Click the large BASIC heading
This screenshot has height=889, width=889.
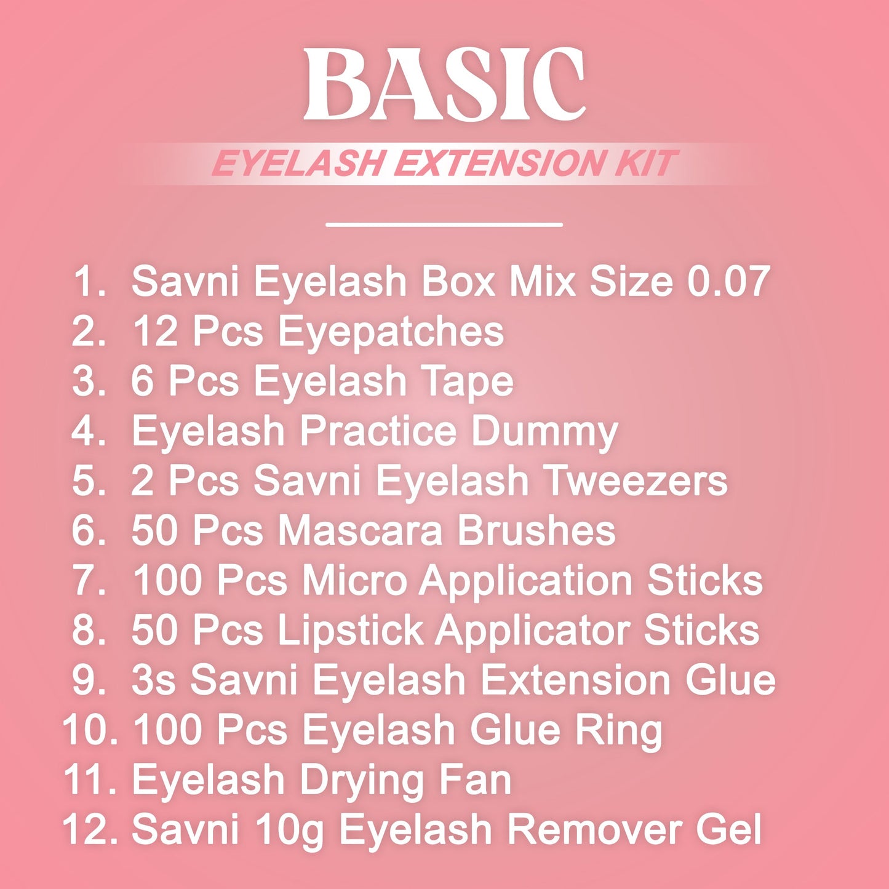(x=444, y=84)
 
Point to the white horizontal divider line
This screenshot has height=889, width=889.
(x=444, y=225)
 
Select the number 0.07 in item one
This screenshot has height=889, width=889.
(x=728, y=282)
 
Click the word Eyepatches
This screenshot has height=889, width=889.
(x=391, y=332)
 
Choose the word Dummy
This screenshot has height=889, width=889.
(x=544, y=432)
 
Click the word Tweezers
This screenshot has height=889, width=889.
(x=636, y=481)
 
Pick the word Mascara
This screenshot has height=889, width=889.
(x=360, y=530)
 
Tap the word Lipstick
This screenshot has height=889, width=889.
(x=350, y=630)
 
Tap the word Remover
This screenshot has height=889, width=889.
(x=593, y=829)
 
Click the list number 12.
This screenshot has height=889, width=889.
(x=89, y=829)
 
